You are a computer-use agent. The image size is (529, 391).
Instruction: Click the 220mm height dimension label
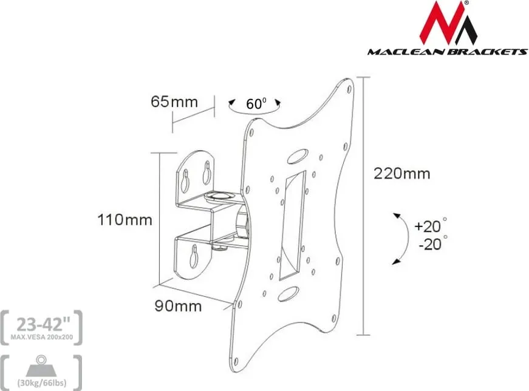(x=402, y=174)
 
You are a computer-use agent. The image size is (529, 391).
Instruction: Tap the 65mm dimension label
(x=174, y=101)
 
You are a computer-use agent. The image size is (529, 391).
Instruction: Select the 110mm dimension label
(x=125, y=220)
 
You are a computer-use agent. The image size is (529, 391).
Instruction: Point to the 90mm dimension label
(x=178, y=306)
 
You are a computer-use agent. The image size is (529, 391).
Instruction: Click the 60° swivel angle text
(x=256, y=104)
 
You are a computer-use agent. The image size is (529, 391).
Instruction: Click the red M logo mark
(x=448, y=23)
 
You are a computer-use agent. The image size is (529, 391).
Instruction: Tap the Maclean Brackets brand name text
(x=448, y=52)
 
